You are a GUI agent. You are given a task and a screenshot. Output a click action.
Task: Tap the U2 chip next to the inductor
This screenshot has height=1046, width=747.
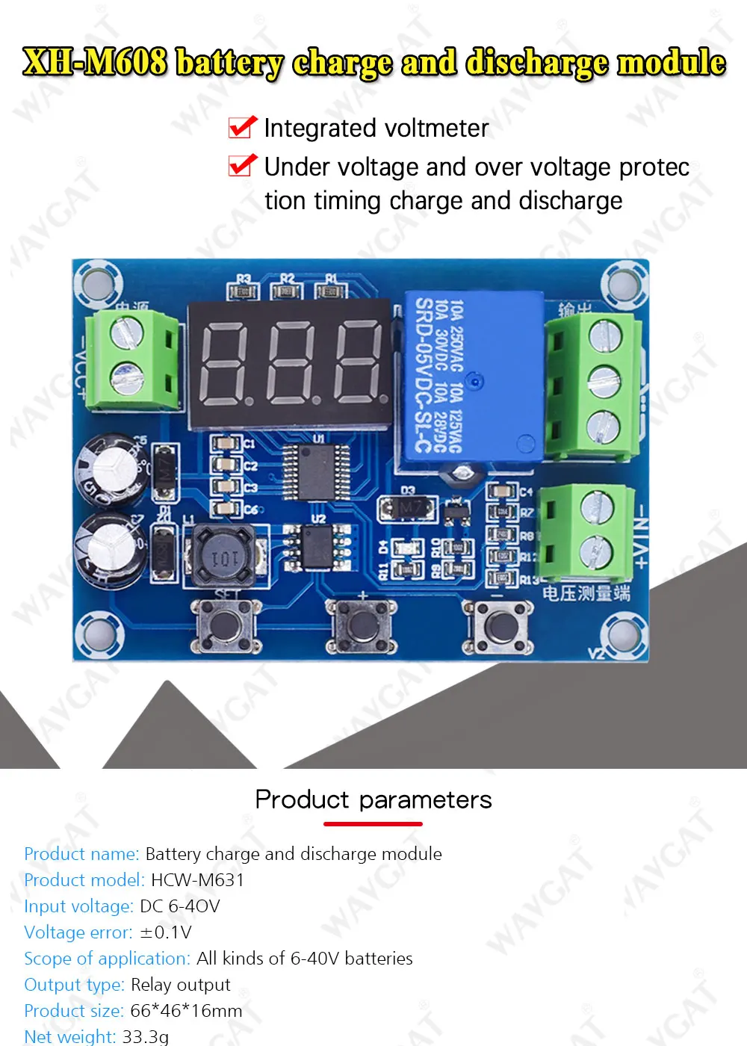(x=317, y=545)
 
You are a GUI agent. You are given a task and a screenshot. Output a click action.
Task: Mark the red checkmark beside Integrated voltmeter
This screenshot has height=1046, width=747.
(x=243, y=128)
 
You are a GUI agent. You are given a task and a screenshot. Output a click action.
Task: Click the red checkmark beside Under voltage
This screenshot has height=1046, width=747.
(x=243, y=165)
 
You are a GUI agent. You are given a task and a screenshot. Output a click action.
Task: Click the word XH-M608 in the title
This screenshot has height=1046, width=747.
(x=95, y=62)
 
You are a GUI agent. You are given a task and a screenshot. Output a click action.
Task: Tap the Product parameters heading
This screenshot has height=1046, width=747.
(x=373, y=799)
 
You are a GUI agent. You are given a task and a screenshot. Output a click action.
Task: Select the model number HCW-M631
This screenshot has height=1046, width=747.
(x=198, y=880)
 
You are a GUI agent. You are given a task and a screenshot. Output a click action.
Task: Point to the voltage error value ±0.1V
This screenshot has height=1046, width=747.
(x=166, y=932)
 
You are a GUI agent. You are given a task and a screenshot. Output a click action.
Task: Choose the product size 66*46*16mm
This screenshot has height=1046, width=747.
(x=187, y=1011)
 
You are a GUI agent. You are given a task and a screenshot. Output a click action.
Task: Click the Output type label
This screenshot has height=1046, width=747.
(x=74, y=985)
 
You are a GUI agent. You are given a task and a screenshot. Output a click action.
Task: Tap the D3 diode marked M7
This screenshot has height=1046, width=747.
(x=408, y=509)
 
